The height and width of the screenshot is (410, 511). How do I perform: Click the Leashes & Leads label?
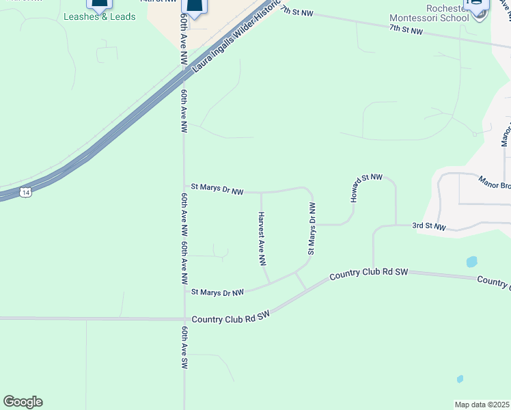point(99,16)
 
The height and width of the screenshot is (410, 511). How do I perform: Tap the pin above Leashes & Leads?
point(99,4)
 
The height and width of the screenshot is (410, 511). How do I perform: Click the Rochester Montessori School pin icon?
point(476,5)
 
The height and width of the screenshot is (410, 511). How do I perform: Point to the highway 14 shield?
point(25,193)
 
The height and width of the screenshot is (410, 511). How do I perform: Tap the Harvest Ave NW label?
point(262,238)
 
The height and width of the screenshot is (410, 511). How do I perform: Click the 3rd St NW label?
point(428,226)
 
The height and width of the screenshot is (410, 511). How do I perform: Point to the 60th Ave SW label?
point(184,348)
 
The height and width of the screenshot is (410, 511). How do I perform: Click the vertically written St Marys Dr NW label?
point(312,228)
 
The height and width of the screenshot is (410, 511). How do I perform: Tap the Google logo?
point(23,402)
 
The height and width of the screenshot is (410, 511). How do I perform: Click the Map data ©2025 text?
point(482,405)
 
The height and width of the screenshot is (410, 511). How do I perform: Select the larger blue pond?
point(471,262)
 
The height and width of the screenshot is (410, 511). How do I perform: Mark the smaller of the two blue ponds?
point(460,379)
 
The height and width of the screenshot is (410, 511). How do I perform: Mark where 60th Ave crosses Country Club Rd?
point(184,318)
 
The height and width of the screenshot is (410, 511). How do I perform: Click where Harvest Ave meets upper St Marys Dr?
point(261,193)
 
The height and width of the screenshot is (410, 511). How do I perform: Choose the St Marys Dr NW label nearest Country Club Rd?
point(217,292)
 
